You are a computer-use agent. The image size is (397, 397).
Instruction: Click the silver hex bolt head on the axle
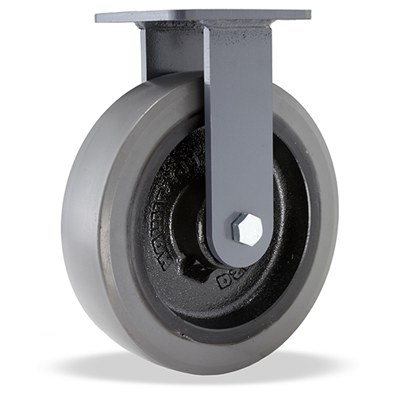click(x=247, y=229)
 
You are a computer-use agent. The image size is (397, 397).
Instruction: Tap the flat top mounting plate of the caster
click(x=202, y=15)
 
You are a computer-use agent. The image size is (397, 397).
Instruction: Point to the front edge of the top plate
click(x=202, y=22)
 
